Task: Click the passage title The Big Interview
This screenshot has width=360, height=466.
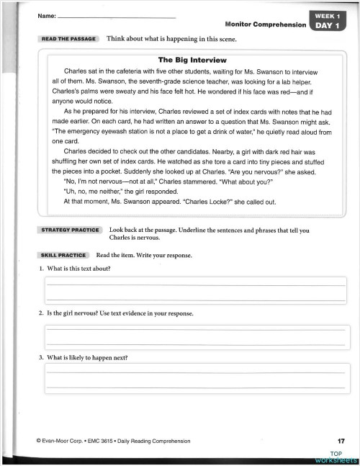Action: coord(192,60)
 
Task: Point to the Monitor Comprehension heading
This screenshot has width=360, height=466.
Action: coord(266,24)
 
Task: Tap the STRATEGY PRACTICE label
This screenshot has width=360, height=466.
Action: coord(70,230)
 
